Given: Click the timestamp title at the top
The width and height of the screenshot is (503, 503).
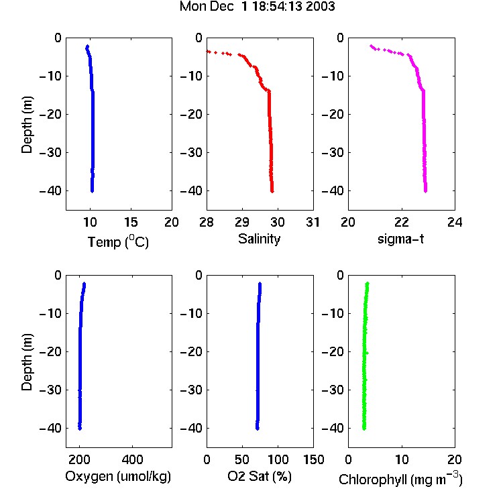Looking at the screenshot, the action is (x=258, y=7).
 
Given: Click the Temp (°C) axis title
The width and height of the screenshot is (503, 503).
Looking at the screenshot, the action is (x=118, y=241).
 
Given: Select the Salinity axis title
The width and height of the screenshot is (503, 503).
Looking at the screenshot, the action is (x=259, y=239).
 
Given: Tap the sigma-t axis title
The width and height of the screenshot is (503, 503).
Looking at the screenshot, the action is (x=400, y=239).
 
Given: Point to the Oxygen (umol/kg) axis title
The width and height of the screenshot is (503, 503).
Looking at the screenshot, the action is (x=118, y=476).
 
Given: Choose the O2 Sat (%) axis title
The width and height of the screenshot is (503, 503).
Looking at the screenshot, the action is (x=260, y=476).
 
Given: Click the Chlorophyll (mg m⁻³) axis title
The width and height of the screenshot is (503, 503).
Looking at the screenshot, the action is (x=400, y=479).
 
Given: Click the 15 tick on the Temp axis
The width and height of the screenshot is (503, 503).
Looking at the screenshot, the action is (x=131, y=222).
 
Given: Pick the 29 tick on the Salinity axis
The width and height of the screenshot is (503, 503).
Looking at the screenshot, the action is (x=242, y=222).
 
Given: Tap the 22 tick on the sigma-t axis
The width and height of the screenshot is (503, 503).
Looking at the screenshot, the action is (x=401, y=222).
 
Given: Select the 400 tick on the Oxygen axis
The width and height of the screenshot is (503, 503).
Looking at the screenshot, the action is (x=133, y=459).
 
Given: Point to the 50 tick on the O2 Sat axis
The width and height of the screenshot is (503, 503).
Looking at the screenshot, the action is (x=242, y=459).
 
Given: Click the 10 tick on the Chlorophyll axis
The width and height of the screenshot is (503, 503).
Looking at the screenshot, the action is (x=401, y=459).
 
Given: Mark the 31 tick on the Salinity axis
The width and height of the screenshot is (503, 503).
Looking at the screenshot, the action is (x=313, y=222).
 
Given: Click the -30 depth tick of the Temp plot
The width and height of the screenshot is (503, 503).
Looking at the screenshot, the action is (x=50, y=152).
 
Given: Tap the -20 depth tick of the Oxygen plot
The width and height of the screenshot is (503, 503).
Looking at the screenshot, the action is (x=50, y=351).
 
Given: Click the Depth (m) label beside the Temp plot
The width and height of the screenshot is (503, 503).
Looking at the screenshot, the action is (x=27, y=125).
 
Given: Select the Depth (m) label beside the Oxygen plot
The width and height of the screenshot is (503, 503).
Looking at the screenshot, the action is (x=27, y=362).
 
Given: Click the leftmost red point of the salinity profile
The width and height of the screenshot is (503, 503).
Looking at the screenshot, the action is (x=208, y=52).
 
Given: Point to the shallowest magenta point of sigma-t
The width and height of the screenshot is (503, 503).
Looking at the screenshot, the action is (x=371, y=46).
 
